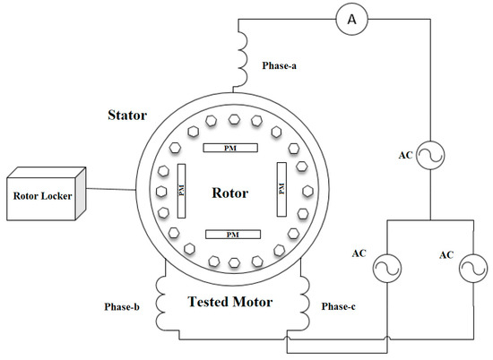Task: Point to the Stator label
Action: click(x=128, y=115)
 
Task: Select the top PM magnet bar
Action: click(x=231, y=147)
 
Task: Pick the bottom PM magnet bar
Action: click(x=231, y=235)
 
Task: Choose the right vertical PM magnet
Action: click(x=282, y=190)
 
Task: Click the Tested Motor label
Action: click(x=232, y=301)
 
